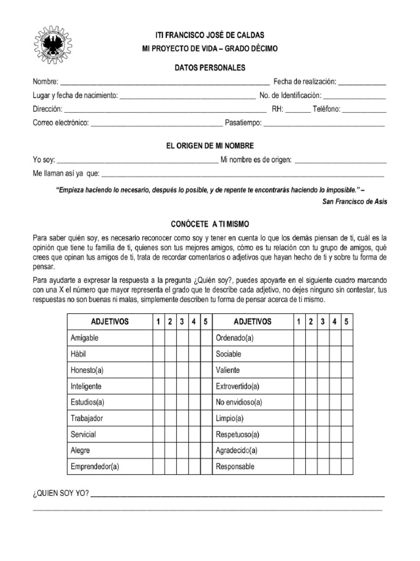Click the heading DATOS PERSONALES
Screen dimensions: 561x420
tap(210, 67)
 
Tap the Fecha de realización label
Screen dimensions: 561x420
tap(304, 82)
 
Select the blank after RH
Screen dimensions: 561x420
tap(297, 109)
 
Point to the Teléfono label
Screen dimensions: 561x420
tap(326, 109)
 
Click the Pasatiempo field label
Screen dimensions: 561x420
tap(243, 123)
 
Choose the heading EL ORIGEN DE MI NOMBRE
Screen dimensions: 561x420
tap(210, 146)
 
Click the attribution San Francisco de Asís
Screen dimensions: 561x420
tap(354, 201)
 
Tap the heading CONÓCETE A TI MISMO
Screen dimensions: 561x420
tap(210, 224)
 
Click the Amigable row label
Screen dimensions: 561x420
tap(85, 338)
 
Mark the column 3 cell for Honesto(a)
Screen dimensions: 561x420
tap(182, 370)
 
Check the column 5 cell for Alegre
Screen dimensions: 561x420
tap(206, 451)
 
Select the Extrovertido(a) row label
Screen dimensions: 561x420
tap(239, 386)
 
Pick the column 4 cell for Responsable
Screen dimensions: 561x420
tap(335, 467)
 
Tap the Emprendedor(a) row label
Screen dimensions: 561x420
tap(95, 467)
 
